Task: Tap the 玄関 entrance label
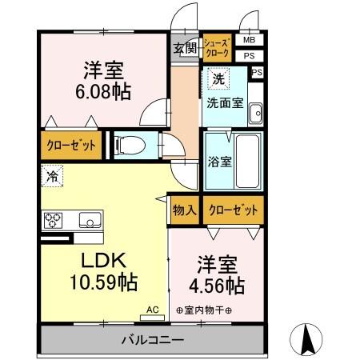(x=184, y=47)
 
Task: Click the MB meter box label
(x=249, y=39)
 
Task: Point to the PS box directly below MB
(x=249, y=55)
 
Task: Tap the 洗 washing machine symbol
(x=216, y=78)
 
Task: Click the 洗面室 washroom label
(x=226, y=102)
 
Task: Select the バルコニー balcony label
(x=152, y=340)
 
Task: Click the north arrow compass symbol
(x=306, y=339)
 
